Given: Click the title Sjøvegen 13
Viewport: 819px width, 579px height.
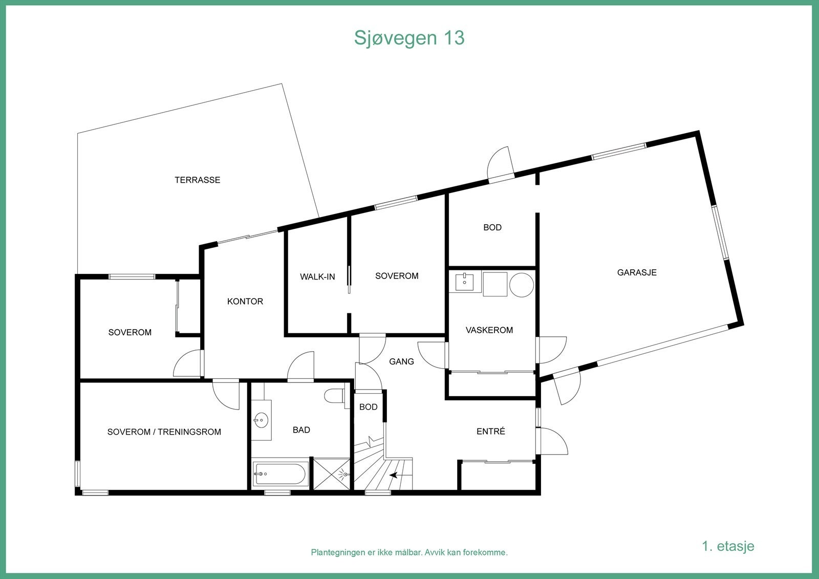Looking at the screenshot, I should pos(409,38).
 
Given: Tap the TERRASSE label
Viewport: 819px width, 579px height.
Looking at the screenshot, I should pos(197,180).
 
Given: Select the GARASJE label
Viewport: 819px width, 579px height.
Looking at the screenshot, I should pos(636,272).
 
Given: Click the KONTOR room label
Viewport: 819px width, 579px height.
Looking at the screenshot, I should pos(245,301).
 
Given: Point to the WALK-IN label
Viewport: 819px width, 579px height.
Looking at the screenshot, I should pos(317,276).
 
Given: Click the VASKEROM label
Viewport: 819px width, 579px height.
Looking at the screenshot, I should pos(489,330).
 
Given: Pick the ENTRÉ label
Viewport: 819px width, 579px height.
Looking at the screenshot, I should pos(490,432).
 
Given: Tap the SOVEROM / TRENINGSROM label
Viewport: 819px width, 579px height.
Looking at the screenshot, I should pos(164,432).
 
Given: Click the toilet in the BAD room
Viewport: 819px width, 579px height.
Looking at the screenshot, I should pos(335,396).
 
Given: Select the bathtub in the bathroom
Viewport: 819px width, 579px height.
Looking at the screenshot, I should pos(279,475).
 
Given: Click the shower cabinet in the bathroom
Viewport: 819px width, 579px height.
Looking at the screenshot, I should pos(332,475).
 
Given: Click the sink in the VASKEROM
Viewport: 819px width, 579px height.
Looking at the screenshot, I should pos(464,281).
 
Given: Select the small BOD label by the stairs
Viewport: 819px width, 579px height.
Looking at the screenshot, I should pos(368,407).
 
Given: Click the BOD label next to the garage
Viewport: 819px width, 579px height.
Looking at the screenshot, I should pos(492,227).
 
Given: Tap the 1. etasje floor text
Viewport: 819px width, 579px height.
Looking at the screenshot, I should pos(727,546).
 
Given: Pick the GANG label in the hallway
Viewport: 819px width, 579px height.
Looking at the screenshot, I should pos(401,361).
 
